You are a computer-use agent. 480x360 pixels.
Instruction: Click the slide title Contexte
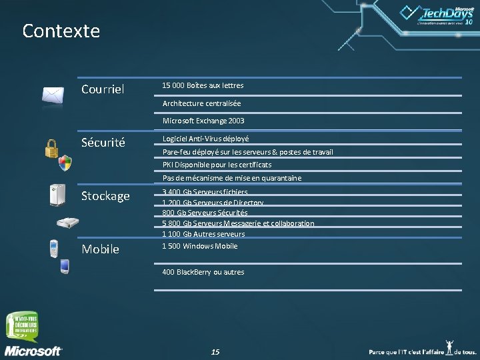pyautogui.click(x=61, y=31)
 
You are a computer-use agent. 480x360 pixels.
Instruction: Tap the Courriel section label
pyautogui.click(x=103, y=89)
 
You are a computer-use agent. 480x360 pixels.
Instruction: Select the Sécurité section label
pyautogui.click(x=104, y=143)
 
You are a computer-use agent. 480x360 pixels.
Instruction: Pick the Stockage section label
pyautogui.click(x=105, y=196)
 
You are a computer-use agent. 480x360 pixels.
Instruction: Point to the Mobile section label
pyautogui.click(x=100, y=249)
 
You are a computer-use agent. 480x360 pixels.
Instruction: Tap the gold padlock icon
pyautogui.click(x=51, y=147)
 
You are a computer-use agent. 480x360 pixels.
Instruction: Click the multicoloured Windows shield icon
pyautogui.click(x=65, y=163)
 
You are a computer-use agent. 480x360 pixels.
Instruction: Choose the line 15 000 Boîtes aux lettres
pyautogui.click(x=203, y=85)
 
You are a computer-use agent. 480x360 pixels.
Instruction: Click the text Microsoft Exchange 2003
pyautogui.click(x=203, y=121)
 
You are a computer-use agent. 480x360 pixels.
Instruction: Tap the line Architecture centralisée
pyautogui.click(x=201, y=103)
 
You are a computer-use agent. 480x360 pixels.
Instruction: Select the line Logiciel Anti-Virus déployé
pyautogui.click(x=205, y=139)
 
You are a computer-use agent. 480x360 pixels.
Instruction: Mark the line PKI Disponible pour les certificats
pyautogui.click(x=217, y=165)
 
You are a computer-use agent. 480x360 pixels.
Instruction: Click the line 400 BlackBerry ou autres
pyautogui.click(x=203, y=272)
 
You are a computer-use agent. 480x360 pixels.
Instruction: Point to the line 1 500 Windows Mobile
pyautogui.click(x=200, y=246)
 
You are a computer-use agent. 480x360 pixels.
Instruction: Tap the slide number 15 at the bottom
pyautogui.click(x=215, y=351)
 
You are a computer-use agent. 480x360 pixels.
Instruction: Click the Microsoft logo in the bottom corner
pyautogui.click(x=33, y=350)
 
